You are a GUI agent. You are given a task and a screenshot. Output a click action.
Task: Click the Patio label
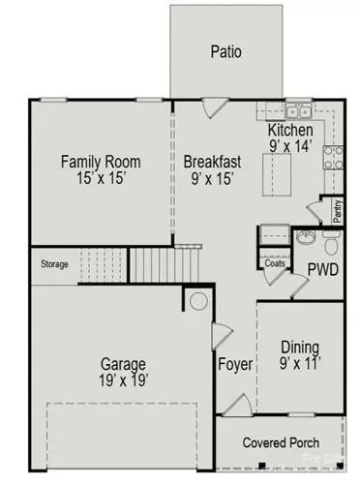coord(226,51)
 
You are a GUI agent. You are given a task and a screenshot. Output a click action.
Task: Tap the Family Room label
coord(102,161)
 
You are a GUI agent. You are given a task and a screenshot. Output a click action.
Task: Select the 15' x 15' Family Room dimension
coord(102,178)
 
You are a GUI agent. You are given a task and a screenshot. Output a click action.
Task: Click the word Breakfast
coord(213,161)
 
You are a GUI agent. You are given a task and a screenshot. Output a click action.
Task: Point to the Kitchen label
coord(290,130)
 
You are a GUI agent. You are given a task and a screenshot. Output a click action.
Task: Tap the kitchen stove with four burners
coord(334,158)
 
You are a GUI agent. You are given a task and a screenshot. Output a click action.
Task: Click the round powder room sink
coord(305,236)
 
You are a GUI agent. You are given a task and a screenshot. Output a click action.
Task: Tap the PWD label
coord(322,268)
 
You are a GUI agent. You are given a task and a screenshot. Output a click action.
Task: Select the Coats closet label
coord(274,262)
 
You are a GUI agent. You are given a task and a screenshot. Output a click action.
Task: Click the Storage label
coord(54,264)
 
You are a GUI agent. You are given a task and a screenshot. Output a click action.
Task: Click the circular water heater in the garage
coord(198,301)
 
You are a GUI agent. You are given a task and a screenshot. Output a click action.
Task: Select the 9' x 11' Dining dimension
coord(300,365)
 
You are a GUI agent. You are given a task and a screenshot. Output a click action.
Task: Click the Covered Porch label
coord(282,442)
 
